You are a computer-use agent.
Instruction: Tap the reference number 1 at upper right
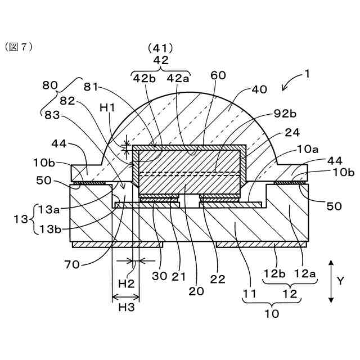[307, 73]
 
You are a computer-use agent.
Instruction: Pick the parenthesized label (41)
[161, 48]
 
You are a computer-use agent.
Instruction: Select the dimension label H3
[125, 308]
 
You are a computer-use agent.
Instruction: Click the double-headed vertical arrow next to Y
[332, 280]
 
